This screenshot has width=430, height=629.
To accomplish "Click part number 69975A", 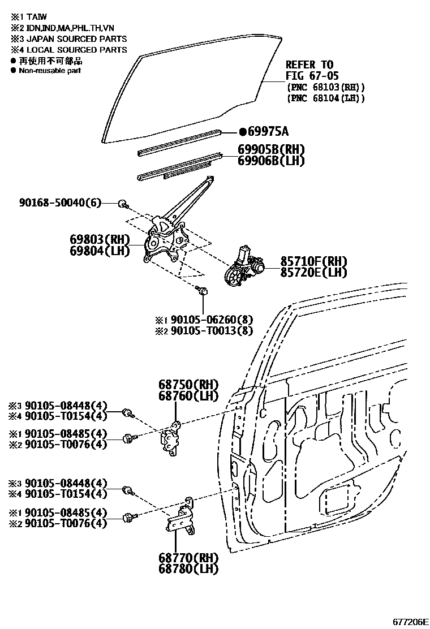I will click(x=264, y=132).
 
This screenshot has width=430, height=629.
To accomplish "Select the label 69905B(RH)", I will click(x=263, y=150).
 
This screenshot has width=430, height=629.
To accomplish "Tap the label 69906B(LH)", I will click(x=263, y=161).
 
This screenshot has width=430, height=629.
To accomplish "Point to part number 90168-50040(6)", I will click(x=55, y=203).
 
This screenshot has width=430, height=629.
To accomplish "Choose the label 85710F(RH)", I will click(x=313, y=261).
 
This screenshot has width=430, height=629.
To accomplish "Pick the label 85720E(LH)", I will click(x=313, y=272).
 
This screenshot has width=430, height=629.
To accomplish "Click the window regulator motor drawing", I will click(x=246, y=266).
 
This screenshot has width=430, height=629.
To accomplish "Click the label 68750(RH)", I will click(x=184, y=385).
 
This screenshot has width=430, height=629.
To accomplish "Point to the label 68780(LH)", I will click(x=184, y=568).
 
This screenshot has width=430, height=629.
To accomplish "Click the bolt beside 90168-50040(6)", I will click(x=122, y=203).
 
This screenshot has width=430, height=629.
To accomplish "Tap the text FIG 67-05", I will click(x=312, y=76).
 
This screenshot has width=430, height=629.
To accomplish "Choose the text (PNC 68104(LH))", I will click(x=325, y=98).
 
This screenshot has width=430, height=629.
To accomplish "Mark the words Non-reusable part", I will click(x=50, y=71).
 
